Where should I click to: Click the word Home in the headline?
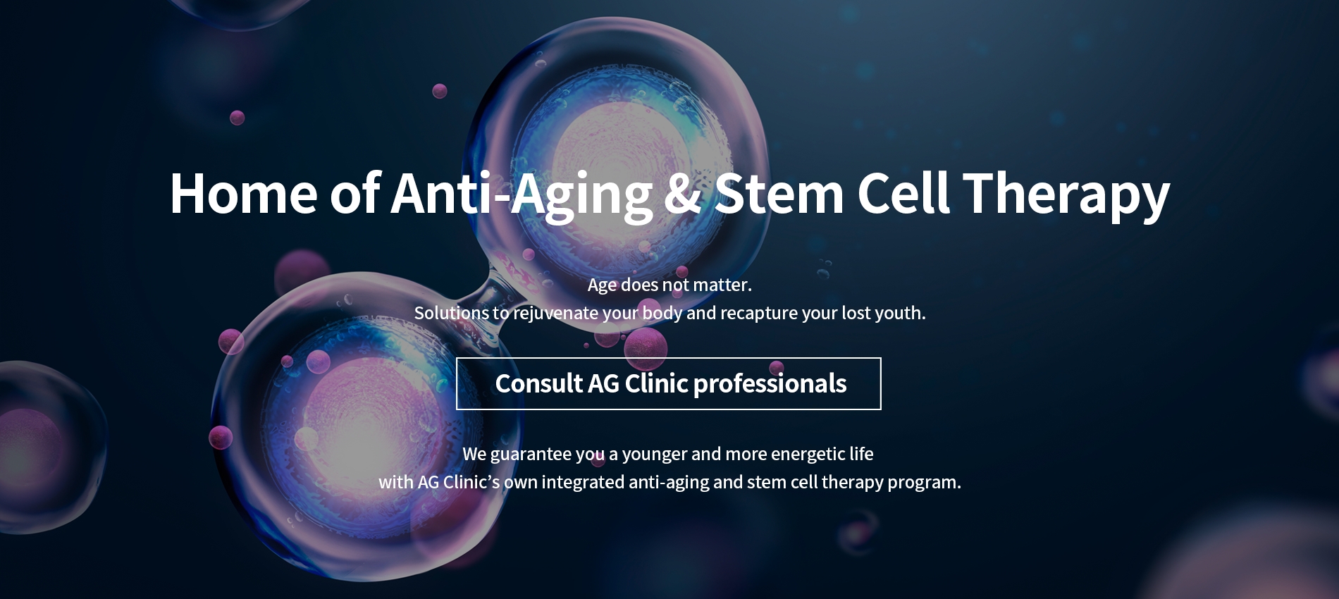[244, 193]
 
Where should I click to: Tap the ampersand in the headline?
[683, 193]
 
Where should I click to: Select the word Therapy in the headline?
[1066, 197]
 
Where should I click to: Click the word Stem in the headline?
[779, 193]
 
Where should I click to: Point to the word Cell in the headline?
[903, 192]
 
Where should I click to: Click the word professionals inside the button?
[770, 384]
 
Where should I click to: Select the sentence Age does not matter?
[669, 285]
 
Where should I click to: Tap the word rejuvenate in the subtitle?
[555, 314]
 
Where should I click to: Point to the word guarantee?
[531, 455]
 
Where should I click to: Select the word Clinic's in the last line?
[471, 482]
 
